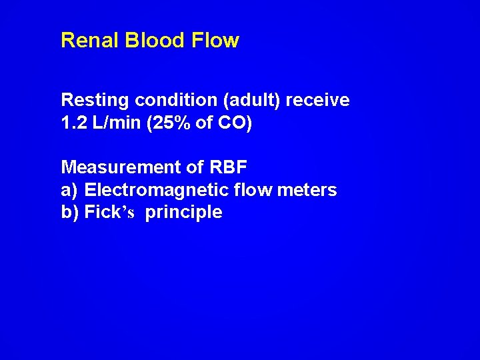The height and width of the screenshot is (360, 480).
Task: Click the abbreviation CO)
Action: [237, 124]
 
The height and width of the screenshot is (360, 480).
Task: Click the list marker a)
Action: [69, 191]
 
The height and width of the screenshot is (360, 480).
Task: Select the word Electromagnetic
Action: [158, 190]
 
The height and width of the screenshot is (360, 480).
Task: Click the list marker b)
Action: [69, 213]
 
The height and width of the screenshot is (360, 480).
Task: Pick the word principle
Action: [184, 214]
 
